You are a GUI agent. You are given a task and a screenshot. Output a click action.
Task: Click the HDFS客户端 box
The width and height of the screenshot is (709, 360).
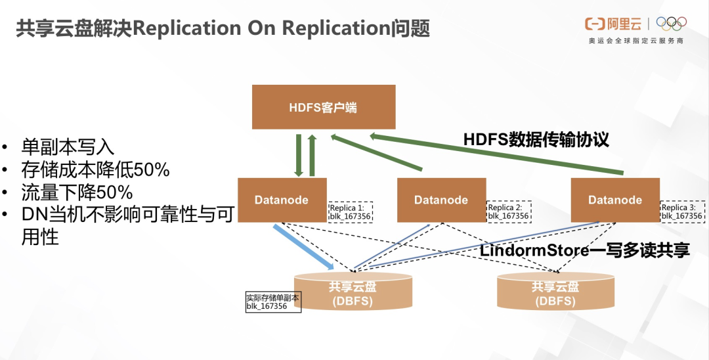tap(324, 107)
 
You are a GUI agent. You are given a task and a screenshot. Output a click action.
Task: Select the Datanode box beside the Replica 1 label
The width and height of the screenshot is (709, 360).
tap(282, 200)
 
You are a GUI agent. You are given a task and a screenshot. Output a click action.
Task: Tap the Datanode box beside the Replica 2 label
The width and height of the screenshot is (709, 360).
tap(441, 200)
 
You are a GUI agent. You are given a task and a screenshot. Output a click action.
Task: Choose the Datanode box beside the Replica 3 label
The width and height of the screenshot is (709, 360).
tap(615, 200)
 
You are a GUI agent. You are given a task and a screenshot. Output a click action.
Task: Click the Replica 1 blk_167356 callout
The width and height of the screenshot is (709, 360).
tap(351, 211)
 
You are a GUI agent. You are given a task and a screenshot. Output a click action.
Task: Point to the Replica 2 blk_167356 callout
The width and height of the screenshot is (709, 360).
tap(508, 211)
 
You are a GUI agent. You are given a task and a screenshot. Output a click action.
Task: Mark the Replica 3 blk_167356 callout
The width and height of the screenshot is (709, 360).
tap(681, 211)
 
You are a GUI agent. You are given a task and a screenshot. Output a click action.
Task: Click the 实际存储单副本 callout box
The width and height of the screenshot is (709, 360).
tap(272, 302)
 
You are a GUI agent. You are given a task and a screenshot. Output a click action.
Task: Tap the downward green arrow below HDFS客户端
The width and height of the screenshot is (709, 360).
tap(299, 155)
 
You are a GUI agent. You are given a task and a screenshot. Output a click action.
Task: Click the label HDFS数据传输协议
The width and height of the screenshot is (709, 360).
tap(536, 139)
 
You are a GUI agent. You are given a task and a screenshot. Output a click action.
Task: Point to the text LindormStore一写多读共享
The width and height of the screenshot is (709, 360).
tap(584, 250)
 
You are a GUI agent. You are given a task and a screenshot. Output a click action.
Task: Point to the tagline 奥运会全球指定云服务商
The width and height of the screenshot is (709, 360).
tap(636, 41)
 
